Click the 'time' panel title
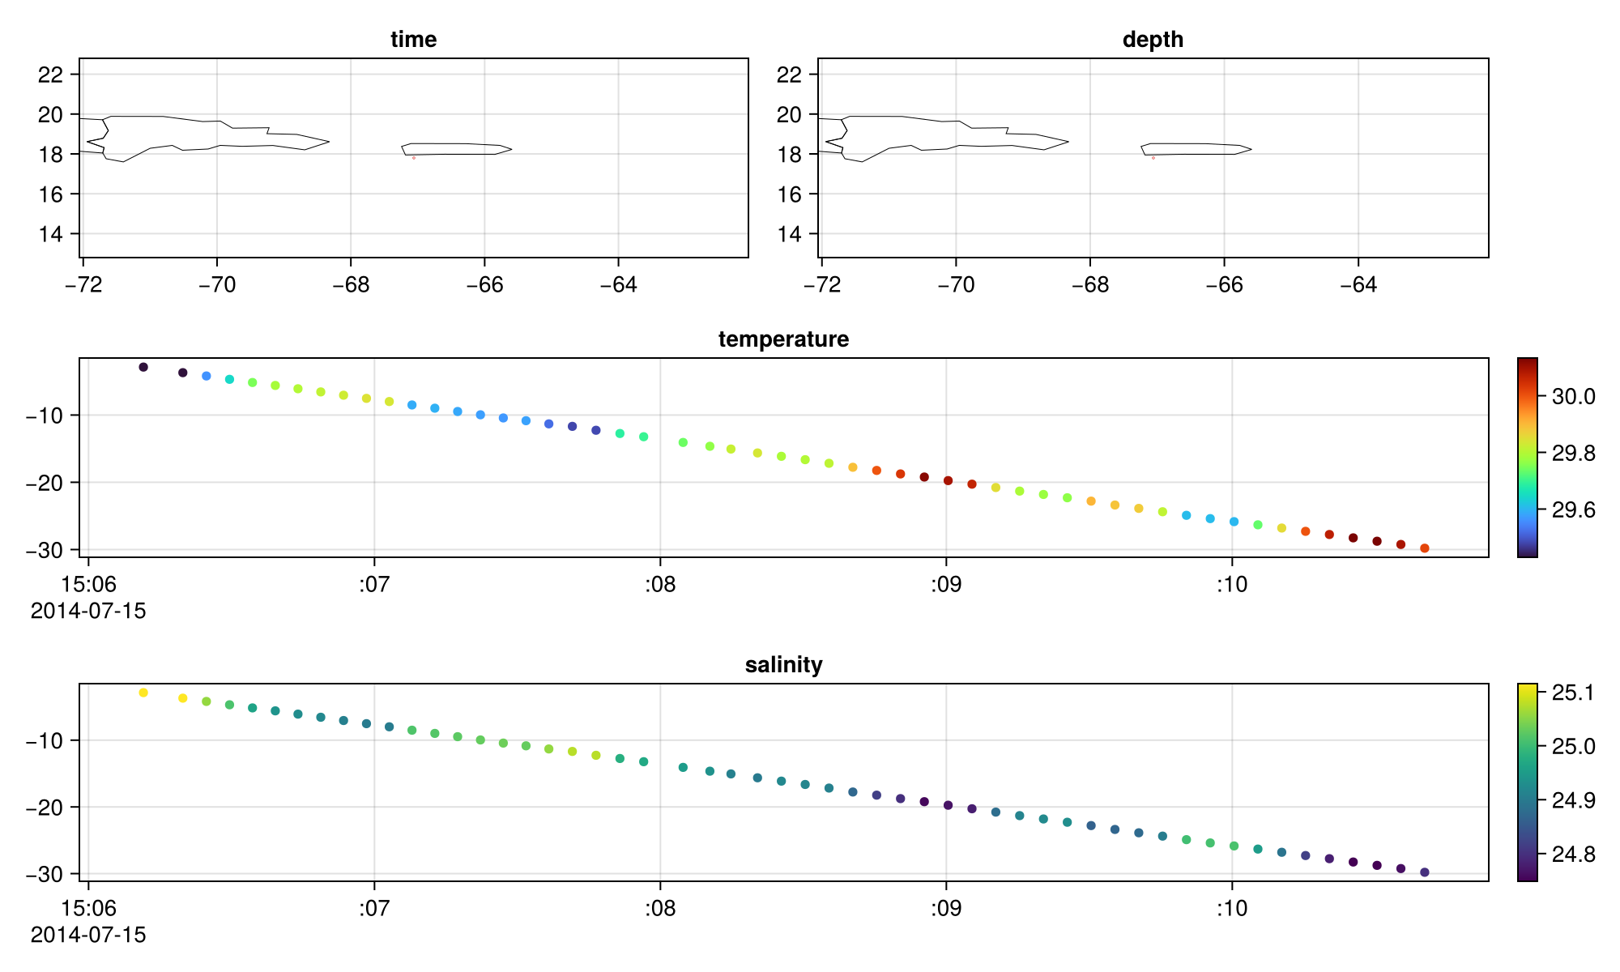click(x=413, y=40)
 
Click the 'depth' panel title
click(x=1153, y=40)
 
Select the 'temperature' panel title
click(x=783, y=339)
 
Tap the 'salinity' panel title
click(x=783, y=665)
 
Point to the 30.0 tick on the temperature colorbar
click(x=1573, y=397)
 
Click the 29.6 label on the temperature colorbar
click(x=1573, y=510)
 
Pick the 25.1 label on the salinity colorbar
click(x=1573, y=693)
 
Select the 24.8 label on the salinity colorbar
click(x=1573, y=854)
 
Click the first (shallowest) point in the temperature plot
click(x=143, y=367)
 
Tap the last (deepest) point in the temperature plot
click(x=1425, y=548)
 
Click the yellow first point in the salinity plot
click(x=143, y=693)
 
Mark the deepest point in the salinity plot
click(x=1425, y=872)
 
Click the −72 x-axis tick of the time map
click(x=83, y=285)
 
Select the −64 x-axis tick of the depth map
click(x=1358, y=285)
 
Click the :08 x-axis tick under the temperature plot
click(x=660, y=585)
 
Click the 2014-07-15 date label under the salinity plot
click(x=88, y=935)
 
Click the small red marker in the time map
click(x=414, y=158)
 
